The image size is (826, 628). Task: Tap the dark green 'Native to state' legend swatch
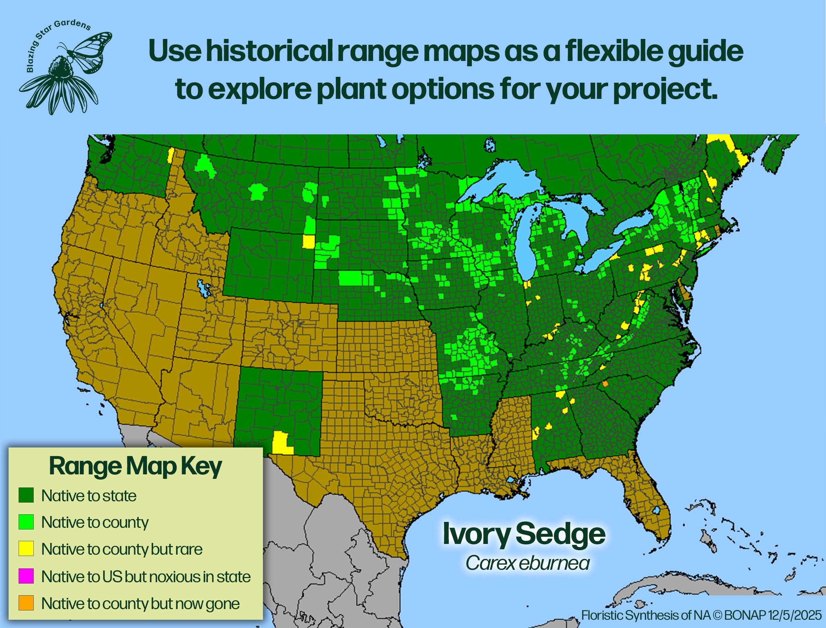[26, 495]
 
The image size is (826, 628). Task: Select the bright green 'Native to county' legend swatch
[26, 522]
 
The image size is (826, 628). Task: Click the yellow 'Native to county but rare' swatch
[26, 549]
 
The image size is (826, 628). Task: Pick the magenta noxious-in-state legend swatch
[26, 576]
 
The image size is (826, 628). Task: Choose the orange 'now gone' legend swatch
[26, 603]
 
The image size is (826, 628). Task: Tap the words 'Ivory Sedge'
[524, 534]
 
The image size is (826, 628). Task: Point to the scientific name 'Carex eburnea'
[528, 563]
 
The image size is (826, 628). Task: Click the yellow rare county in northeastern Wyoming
[308, 241]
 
